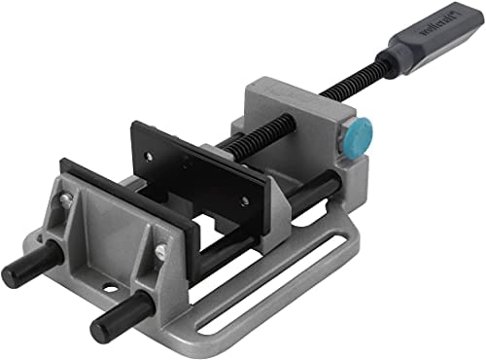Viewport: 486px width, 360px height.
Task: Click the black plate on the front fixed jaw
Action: coord(126,195)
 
